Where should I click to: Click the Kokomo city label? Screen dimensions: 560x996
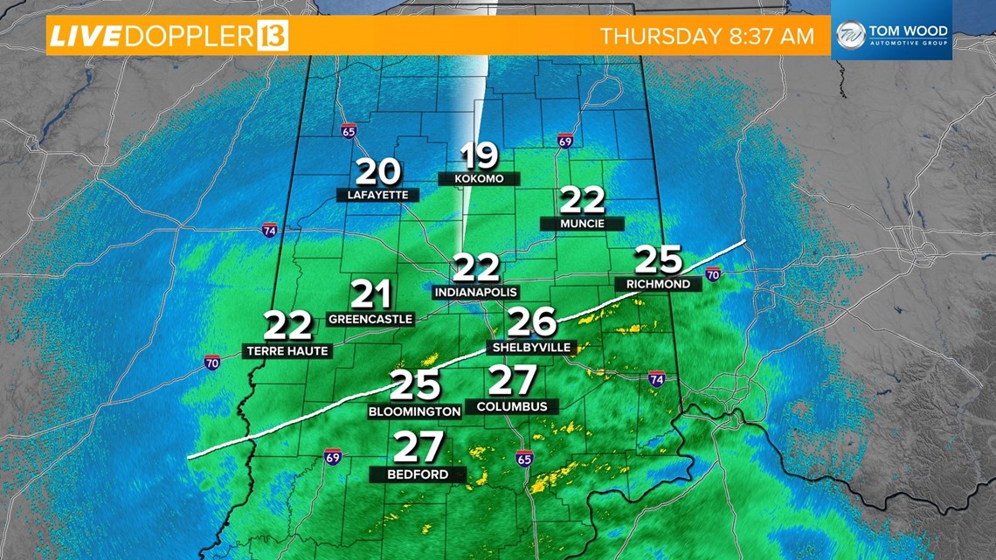click(x=480, y=179)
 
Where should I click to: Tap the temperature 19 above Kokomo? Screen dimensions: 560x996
click(x=480, y=156)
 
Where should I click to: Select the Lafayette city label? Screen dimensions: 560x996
click(x=377, y=196)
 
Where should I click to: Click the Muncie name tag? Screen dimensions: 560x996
click(x=583, y=224)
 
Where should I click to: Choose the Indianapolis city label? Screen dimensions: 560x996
click(x=476, y=292)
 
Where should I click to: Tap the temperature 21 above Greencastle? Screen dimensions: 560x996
click(x=370, y=295)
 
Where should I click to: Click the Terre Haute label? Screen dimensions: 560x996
click(x=287, y=351)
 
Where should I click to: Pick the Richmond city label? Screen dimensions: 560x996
click(x=658, y=284)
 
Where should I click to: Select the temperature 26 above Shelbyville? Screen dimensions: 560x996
click(x=532, y=321)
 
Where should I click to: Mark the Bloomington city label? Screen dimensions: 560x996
click(x=414, y=411)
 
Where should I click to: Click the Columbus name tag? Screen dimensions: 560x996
click(x=512, y=406)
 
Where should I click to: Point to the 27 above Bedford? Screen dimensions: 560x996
click(x=419, y=448)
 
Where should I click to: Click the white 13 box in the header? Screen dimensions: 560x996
click(x=273, y=37)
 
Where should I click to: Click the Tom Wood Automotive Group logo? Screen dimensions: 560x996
click(x=891, y=36)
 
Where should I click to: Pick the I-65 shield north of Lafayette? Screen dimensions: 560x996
click(x=349, y=130)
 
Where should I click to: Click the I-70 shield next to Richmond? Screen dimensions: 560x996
click(x=713, y=275)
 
